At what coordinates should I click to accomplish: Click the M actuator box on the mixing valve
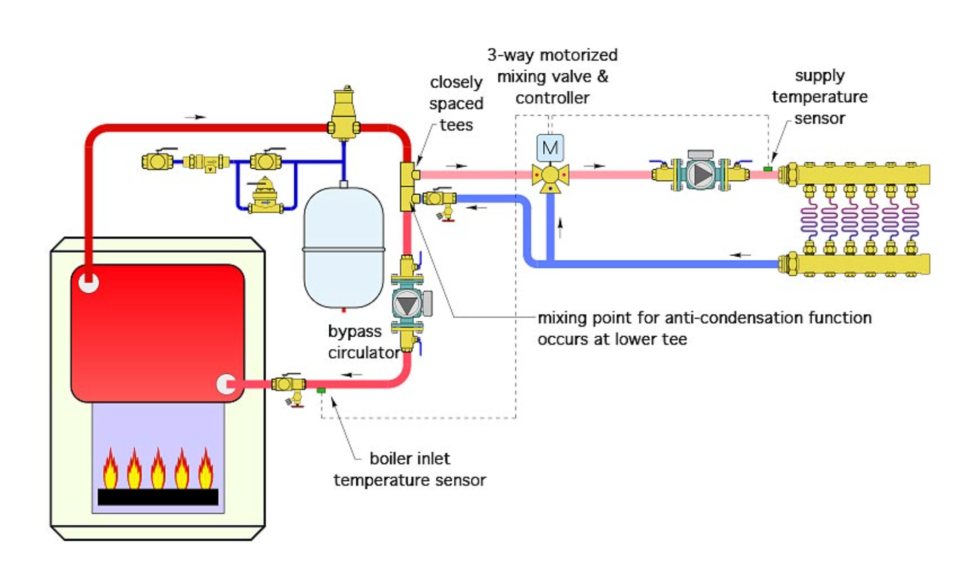pos(550,148)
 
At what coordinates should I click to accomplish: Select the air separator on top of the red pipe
pos(344,114)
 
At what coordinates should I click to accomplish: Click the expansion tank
pos(344,248)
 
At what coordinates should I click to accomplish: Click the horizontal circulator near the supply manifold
pos(700,175)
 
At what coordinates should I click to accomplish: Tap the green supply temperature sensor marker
pos(768,169)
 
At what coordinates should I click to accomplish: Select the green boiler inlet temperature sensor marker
pos(321,391)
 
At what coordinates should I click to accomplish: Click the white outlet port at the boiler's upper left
pos(89,282)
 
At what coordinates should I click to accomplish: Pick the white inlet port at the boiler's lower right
pos(226,384)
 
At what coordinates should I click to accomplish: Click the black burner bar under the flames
pos(158,497)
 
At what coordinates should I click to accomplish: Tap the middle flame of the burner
pos(158,469)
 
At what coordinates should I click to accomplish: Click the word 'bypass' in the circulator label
pos(354,332)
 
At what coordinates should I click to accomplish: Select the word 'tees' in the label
pos(456,125)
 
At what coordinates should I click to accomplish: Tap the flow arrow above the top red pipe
pos(195,117)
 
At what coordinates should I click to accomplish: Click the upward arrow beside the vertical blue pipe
pos(560,228)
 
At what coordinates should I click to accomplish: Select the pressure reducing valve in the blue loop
pos(266,196)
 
